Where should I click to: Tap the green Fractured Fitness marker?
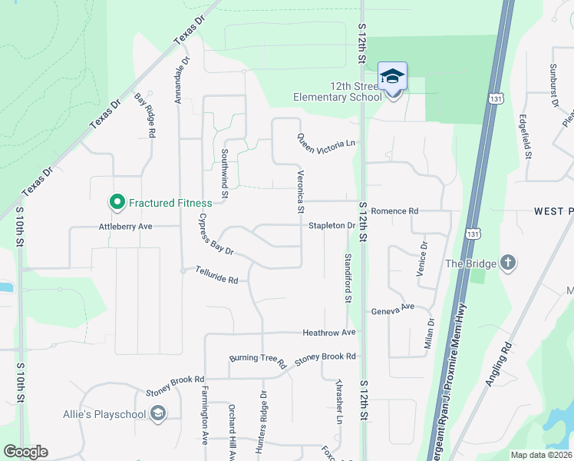pos(117,203)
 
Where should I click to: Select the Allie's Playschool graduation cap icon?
pos(158,414)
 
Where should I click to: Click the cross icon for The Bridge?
pos(507,263)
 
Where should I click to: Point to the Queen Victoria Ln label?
pos(327,141)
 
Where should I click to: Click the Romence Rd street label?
pos(394,211)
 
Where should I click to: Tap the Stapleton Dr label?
pos(331,226)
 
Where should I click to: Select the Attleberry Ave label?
pos(126,227)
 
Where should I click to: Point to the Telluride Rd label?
pos(216,274)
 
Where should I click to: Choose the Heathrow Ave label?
pos(329,333)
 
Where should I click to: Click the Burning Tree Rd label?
pos(258,359)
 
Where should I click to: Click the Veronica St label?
pos(302,192)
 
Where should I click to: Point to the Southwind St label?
pos(225,174)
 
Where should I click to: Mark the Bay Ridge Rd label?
pos(145,115)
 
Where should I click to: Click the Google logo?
pos(25,452)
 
